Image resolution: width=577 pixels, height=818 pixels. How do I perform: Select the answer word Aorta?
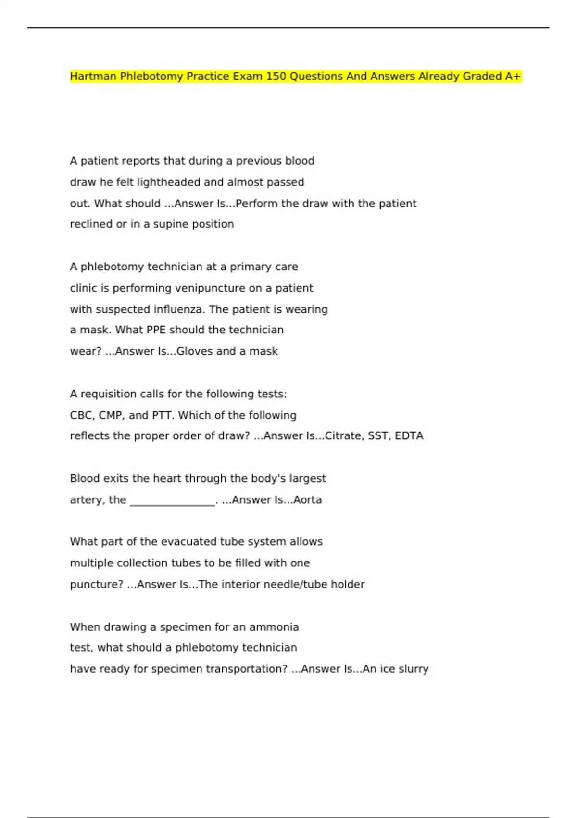click(307, 500)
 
